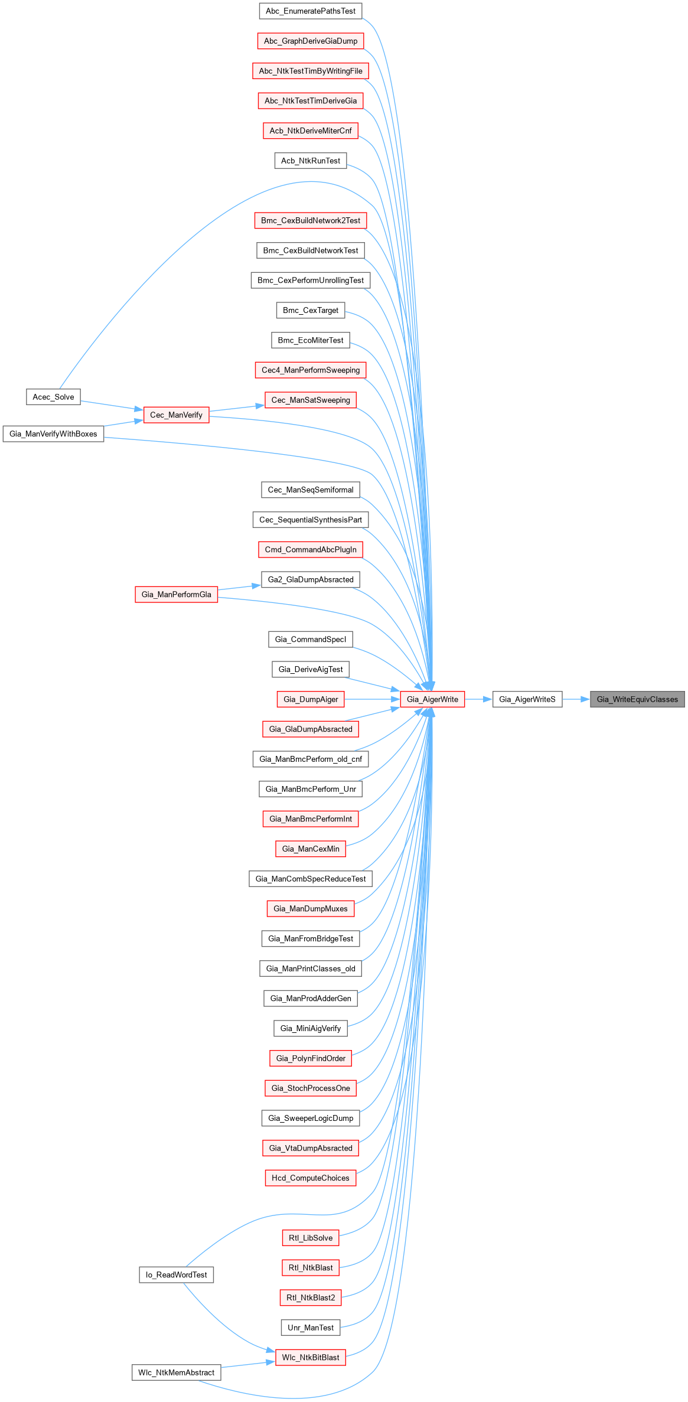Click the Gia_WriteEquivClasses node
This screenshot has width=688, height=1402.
[x=637, y=699]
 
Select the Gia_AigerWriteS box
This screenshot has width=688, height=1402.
[x=527, y=699]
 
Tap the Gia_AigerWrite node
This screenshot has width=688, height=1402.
[x=432, y=699]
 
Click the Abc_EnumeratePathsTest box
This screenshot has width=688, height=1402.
[x=311, y=11]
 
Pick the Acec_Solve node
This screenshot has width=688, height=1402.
[x=53, y=397]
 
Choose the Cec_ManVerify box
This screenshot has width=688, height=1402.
[x=176, y=415]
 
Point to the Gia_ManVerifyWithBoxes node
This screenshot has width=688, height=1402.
[x=53, y=434]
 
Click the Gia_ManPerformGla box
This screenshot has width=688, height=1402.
[x=176, y=595]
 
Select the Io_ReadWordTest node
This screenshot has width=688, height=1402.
[x=176, y=1275]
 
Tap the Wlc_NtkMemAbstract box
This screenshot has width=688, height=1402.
[x=176, y=1372]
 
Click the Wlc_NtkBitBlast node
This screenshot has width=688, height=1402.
[x=311, y=1358]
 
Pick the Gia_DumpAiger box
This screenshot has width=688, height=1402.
[x=311, y=699]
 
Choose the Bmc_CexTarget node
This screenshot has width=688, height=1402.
[x=311, y=311]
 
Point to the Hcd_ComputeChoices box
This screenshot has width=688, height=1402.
[x=311, y=1178]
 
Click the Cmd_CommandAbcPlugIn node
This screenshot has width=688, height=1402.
[x=311, y=550]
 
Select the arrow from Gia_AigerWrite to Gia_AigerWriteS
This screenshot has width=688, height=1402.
[x=478, y=699]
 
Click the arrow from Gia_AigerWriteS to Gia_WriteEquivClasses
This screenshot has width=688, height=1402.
[x=576, y=699]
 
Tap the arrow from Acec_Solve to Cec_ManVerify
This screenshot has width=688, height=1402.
[x=112, y=405]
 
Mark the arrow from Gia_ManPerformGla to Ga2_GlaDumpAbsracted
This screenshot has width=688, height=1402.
[x=239, y=586]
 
